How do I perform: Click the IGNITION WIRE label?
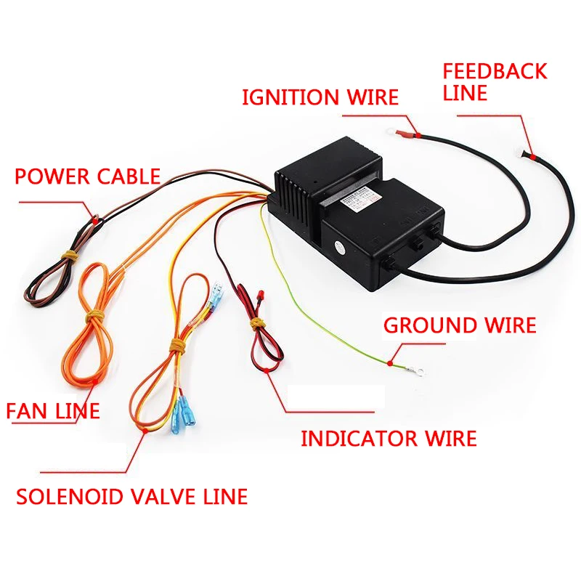click(320, 97)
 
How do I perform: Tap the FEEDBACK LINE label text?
click(494, 82)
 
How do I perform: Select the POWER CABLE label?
click(87, 176)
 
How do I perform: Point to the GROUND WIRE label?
click(459, 325)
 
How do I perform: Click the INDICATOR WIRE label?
click(389, 438)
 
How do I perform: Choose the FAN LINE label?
click(52, 410)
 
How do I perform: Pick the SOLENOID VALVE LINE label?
click(131, 497)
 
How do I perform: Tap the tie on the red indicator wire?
click(256, 322)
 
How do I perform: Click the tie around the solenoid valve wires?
click(176, 341)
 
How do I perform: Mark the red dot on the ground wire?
click(390, 361)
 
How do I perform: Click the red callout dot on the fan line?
click(97, 379)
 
